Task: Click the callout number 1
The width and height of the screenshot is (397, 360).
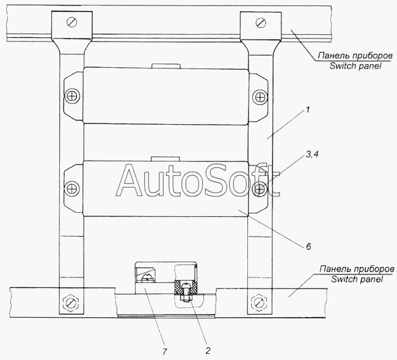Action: tap(307, 110)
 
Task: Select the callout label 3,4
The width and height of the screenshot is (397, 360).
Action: tap(312, 154)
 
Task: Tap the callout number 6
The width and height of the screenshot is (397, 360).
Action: tap(308, 246)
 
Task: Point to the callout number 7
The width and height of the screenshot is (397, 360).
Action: tap(164, 351)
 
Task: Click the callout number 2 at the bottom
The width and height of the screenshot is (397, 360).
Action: tap(208, 351)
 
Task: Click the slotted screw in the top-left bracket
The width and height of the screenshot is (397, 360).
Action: tap(72, 22)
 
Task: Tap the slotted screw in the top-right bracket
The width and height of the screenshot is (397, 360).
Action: tap(261, 23)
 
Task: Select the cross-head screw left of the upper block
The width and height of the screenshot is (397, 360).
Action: tap(73, 97)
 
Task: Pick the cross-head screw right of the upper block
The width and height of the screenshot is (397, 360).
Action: tap(260, 97)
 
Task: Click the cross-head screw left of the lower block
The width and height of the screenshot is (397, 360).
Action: tap(72, 189)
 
